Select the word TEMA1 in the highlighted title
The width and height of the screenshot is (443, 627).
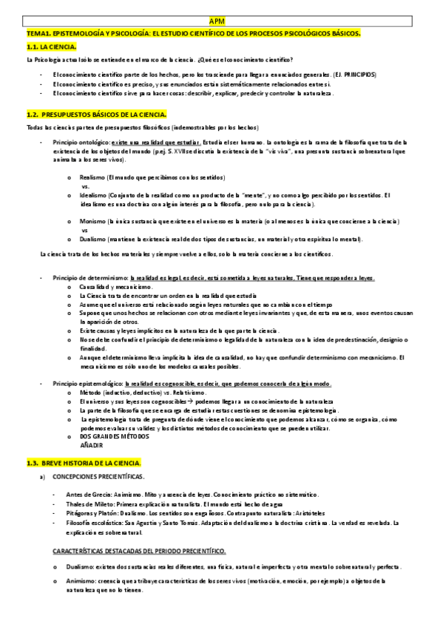(37, 34)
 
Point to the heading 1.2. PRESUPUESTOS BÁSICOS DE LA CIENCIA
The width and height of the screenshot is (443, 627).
(96, 115)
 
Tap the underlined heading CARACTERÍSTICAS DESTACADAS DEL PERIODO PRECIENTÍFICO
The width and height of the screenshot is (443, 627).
(139, 552)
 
